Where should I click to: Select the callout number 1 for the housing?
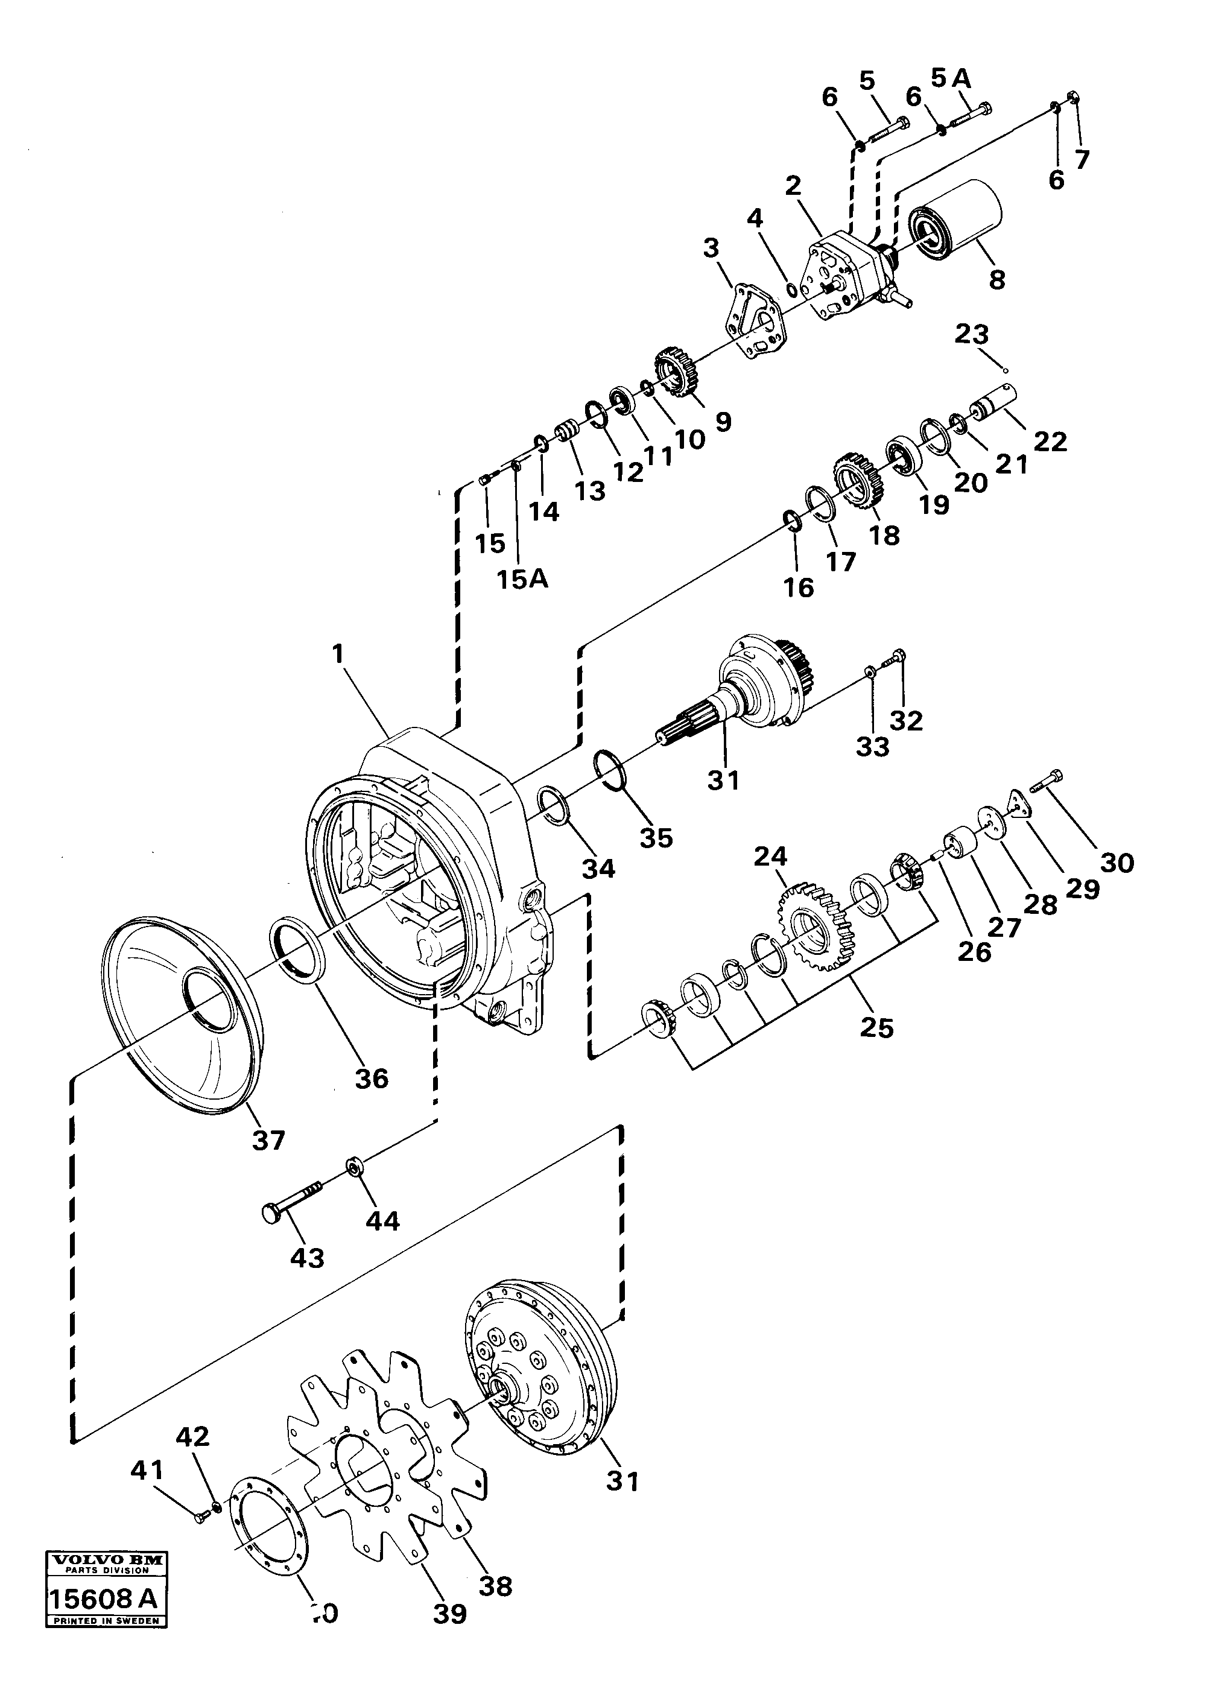[339, 654]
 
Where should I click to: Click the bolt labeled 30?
[1046, 781]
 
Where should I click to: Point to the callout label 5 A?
[951, 77]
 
